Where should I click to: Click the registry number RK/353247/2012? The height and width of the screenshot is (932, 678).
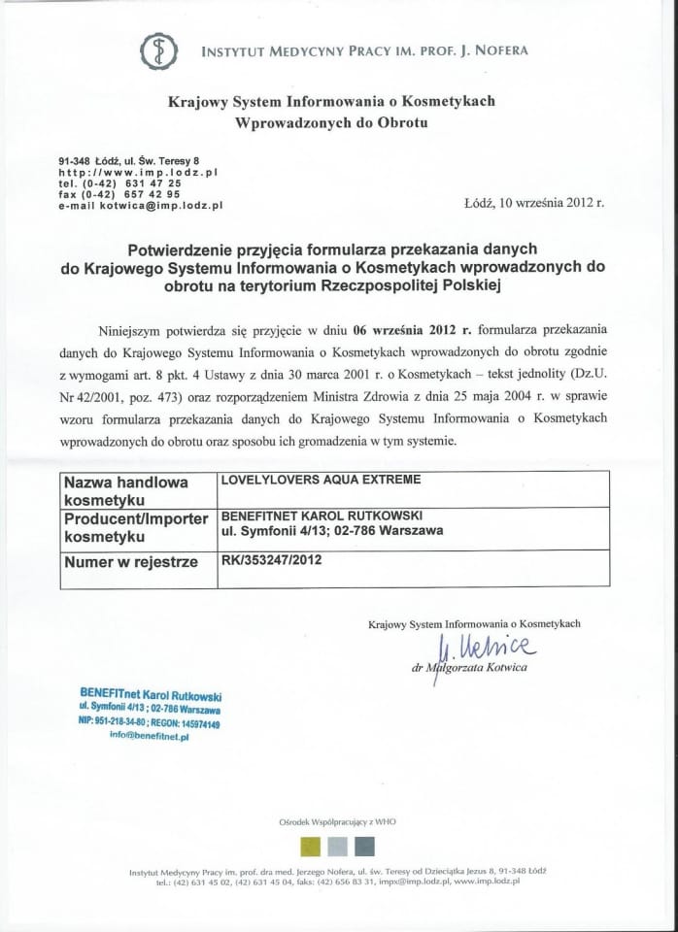coord(271,560)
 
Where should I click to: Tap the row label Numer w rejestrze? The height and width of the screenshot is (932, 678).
coord(130,562)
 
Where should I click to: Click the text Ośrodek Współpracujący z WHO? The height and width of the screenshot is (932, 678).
coord(338,821)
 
